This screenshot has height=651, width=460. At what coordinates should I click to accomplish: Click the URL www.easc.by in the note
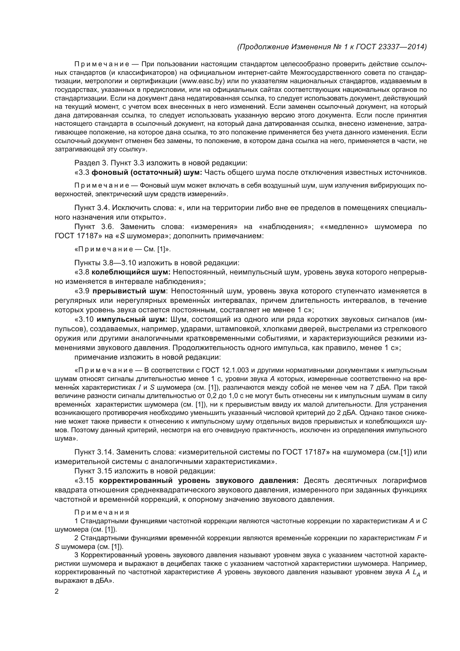coord(202,81)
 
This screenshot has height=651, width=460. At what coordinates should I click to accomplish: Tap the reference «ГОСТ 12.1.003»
coord(225,370)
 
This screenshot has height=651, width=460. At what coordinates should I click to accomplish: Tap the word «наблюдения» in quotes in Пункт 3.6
coord(286,227)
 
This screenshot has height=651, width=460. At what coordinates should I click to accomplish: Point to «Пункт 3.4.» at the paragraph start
coord(92,208)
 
